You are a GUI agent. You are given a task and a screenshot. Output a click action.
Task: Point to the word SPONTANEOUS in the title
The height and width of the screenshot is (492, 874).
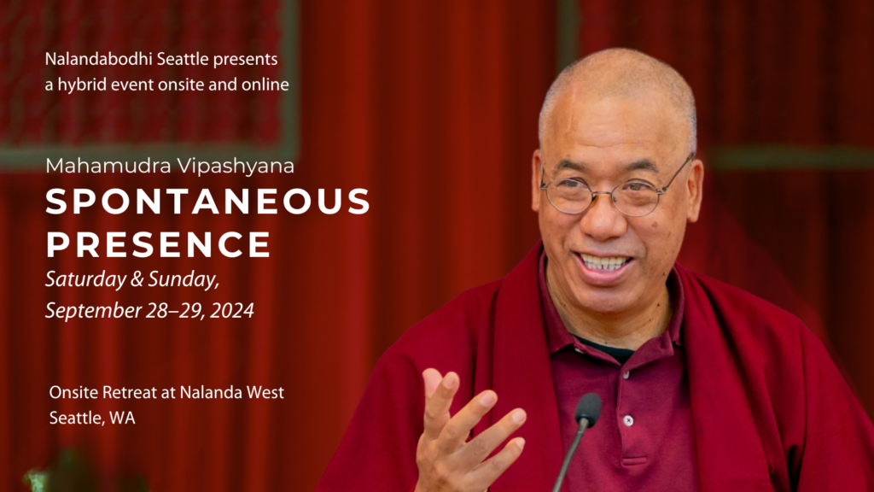pos(208,202)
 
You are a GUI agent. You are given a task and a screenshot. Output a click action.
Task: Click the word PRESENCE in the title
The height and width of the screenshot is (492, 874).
pos(159,244)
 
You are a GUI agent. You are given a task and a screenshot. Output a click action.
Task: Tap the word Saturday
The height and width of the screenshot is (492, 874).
pos(86,279)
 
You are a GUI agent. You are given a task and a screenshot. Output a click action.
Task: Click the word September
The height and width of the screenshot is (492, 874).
pos(94,311)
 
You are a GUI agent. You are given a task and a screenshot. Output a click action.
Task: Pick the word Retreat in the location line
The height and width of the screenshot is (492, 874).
pos(130,393)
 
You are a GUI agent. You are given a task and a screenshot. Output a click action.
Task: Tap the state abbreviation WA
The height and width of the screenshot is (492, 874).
pos(123,418)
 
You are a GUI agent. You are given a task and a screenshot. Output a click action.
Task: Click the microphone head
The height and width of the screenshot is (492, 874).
pos(588,408)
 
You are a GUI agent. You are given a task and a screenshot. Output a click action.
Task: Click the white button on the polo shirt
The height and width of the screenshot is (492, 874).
pos(628,420)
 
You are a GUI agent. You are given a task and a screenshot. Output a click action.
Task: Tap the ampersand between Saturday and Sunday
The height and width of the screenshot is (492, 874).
pos(137,279)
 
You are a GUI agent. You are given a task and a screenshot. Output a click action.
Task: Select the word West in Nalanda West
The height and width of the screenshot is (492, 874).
pos(265,393)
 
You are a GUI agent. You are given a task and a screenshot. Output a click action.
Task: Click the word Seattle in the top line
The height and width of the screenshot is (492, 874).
pos(183,59)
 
